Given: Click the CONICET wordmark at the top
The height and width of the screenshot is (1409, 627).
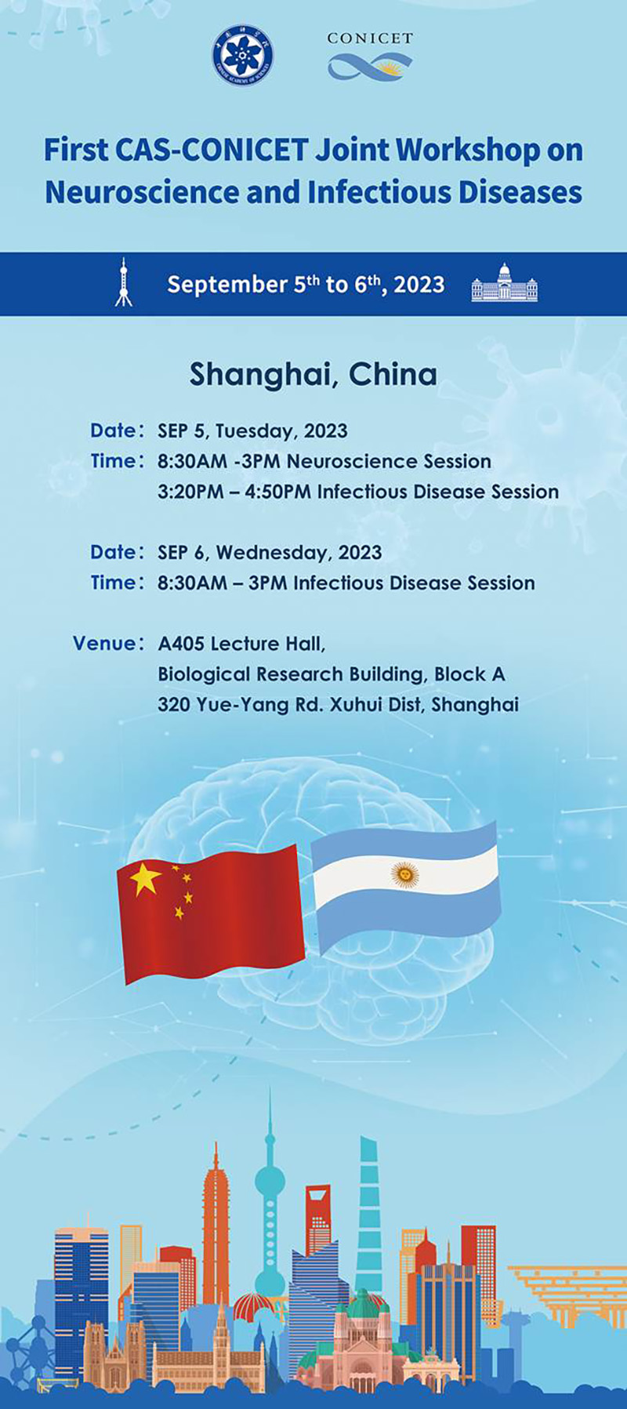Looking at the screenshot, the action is coord(370,38).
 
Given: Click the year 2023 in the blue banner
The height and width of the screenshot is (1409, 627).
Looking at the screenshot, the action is coord(419,284).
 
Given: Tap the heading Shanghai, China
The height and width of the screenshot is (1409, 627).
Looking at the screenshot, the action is coord(313,375).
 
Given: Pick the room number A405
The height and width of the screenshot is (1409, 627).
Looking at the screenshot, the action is coord(181,644).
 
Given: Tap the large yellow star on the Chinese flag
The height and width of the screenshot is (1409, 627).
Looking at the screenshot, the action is coord(146,880).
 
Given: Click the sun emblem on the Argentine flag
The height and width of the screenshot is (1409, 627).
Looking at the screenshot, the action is coord(405,873).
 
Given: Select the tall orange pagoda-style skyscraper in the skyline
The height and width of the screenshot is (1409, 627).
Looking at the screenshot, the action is coord(216,1223).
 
